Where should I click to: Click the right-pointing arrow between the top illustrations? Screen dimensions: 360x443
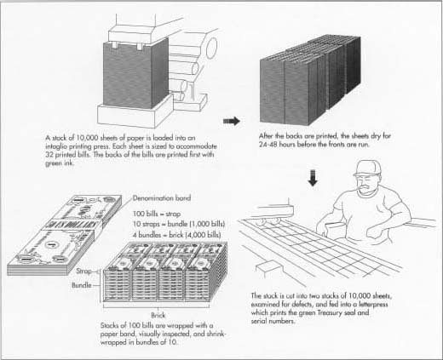[230, 121]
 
